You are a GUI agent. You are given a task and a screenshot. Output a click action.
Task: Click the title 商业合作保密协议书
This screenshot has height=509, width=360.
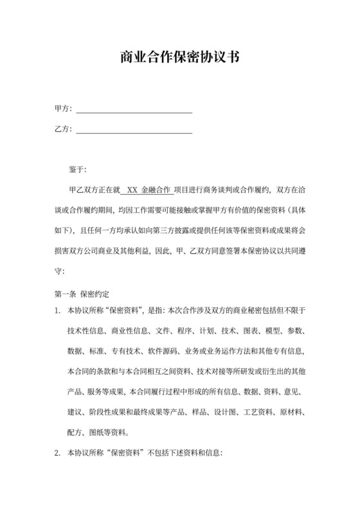point(180,57)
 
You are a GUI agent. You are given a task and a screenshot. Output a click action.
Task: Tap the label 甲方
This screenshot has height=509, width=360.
point(62,109)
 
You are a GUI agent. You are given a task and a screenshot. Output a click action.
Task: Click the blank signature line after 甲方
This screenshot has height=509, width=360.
point(134,111)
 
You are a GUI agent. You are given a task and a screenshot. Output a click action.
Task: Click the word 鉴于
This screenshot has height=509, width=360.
point(76,170)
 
